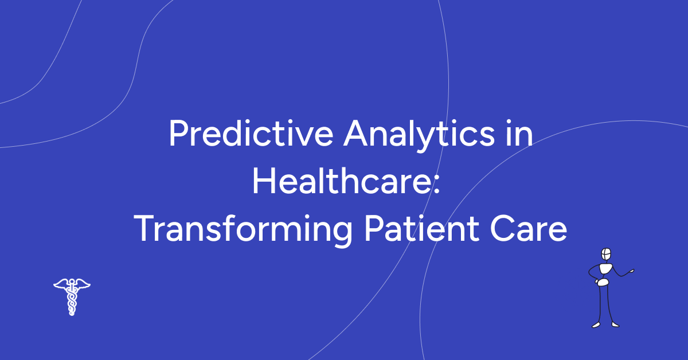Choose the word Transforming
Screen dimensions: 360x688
[x=243, y=230]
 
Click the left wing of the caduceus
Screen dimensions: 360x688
[x=61, y=284]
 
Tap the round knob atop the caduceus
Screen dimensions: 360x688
[x=72, y=279]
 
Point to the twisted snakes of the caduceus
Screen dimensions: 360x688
[x=72, y=301]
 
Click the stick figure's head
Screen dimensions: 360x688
[x=605, y=254]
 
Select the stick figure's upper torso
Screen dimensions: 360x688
[x=604, y=269]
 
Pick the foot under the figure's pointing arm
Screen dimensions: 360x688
[x=615, y=324]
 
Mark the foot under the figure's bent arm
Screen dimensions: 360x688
[x=596, y=325]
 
